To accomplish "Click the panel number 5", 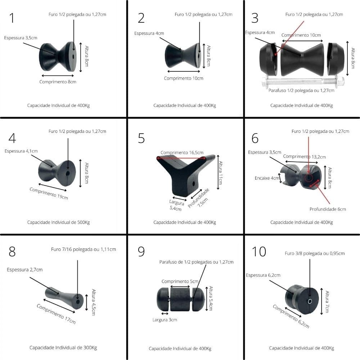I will pyautogui.click(x=141, y=138).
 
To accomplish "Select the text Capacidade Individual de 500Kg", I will pyautogui.click(x=58, y=222).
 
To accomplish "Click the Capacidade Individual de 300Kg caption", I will pyautogui.click(x=63, y=347).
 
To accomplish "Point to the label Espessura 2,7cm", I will pyautogui.click(x=24, y=270).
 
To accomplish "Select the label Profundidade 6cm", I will pyautogui.click(x=328, y=209).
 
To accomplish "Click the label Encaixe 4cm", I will pyautogui.click(x=267, y=178).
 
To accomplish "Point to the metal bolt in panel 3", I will pyautogui.click(x=301, y=81).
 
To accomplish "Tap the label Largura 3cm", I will pyautogui.click(x=164, y=320).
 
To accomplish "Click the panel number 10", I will pyautogui.click(x=259, y=252).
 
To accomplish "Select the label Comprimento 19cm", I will pyautogui.click(x=49, y=194).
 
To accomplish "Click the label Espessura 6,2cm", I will pyautogui.click(x=263, y=275).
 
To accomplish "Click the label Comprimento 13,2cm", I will pyautogui.click(x=304, y=157).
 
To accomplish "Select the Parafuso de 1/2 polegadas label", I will pyautogui.click(x=196, y=262).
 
